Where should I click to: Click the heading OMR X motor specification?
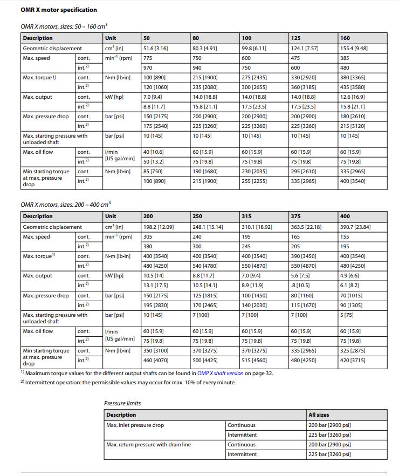(x=59, y=10)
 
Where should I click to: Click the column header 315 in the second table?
(x=247, y=216)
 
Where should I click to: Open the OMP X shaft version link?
(x=220, y=373)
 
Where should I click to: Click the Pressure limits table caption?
(x=122, y=403)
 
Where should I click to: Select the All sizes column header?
(x=319, y=415)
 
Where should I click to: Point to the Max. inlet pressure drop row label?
(x=135, y=425)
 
